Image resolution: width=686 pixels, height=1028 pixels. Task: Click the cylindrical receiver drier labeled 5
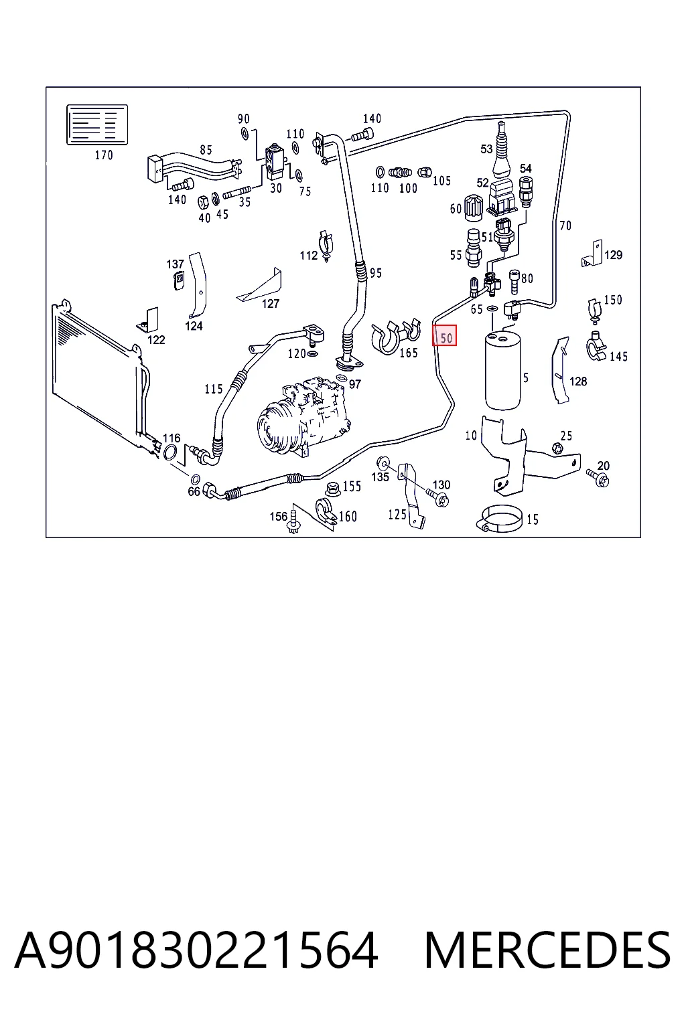coord(502,370)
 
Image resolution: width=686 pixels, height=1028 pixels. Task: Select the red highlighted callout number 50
coord(444,335)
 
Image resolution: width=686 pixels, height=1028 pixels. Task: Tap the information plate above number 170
coord(97,125)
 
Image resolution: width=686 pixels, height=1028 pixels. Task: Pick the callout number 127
coord(271,303)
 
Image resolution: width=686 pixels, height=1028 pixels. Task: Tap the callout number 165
coord(409,353)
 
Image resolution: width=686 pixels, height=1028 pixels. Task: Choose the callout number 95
coord(376,273)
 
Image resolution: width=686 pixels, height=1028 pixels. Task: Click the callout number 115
coord(214,389)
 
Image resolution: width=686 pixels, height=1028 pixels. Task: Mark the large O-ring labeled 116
coord(170,452)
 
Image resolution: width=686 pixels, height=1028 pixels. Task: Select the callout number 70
coord(565,226)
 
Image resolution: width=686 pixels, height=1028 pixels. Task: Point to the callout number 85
coord(206,150)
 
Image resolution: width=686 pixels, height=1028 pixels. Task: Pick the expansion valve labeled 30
coord(274,163)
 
